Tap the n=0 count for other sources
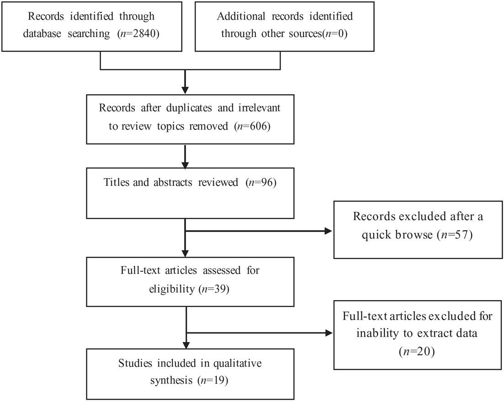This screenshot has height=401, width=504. click(334, 33)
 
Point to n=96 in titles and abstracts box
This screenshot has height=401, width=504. click(260, 182)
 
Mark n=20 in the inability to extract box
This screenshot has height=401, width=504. click(417, 352)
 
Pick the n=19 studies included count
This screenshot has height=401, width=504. click(213, 380)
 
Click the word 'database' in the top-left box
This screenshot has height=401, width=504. click(42, 33)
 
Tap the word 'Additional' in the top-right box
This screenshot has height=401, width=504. click(241, 16)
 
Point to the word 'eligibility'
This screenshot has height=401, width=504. click(172, 289)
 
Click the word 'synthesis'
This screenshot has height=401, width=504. click(171, 380)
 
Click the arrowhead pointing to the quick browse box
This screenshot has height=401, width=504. click(328, 231)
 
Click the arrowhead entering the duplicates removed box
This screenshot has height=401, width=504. click(185, 90)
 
